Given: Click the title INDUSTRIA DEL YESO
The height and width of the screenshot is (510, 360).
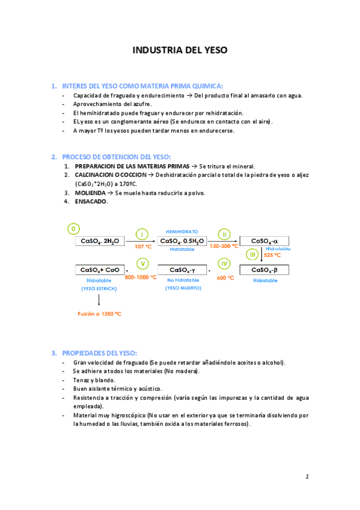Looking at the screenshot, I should point(180,51).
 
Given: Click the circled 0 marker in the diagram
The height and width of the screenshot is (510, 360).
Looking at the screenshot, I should point(73,229).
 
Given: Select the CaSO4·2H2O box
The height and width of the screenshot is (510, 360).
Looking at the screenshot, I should point(99,241).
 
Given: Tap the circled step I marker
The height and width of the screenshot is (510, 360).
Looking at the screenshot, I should point(142,234).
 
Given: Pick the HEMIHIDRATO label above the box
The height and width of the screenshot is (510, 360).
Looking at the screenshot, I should point(182,231).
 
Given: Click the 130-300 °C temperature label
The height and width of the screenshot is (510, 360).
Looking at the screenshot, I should point(224,246).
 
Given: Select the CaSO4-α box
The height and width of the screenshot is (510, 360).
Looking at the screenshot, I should point(264,241).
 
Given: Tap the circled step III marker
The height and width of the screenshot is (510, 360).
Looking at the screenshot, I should point(253,255).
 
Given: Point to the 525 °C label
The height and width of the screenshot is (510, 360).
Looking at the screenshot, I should point(272,255).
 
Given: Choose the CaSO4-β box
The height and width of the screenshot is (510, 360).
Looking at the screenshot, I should point(264,270).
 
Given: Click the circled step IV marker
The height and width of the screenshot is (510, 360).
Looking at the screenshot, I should point(224,263).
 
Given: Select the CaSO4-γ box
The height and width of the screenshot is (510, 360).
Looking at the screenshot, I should point(182,270).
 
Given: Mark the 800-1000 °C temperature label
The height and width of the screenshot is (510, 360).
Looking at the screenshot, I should point(141,277).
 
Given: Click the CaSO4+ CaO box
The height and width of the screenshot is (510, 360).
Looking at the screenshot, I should point(99,270).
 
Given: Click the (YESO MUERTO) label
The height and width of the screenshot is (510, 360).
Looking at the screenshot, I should point(183,289).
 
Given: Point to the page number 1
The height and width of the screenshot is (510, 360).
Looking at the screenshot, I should point(307,477).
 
